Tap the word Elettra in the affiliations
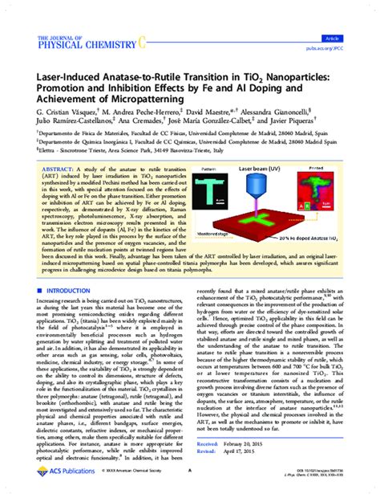32,165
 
